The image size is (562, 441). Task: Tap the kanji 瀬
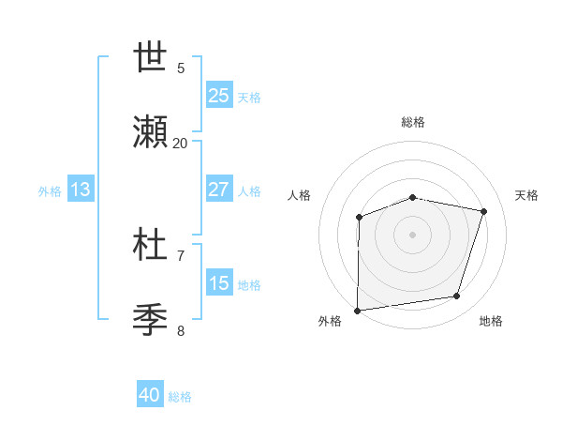151,134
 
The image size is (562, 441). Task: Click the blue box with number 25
219,95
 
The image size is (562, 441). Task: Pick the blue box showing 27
219,190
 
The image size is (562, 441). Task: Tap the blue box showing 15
219,283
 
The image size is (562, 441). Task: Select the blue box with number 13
81,190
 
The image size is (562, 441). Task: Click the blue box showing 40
150,395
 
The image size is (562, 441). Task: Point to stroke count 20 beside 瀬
180,143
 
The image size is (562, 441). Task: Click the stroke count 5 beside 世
181,68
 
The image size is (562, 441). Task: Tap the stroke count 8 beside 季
181,330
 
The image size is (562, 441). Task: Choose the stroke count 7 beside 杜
181,255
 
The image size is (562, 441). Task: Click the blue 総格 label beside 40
180,397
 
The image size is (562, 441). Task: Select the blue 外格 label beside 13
50,190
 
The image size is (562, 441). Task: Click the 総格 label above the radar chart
413,122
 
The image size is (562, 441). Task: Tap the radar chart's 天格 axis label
526,195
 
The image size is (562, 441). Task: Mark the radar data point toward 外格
358,311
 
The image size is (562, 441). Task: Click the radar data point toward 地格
457,297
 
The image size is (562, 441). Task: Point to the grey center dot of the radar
413,234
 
